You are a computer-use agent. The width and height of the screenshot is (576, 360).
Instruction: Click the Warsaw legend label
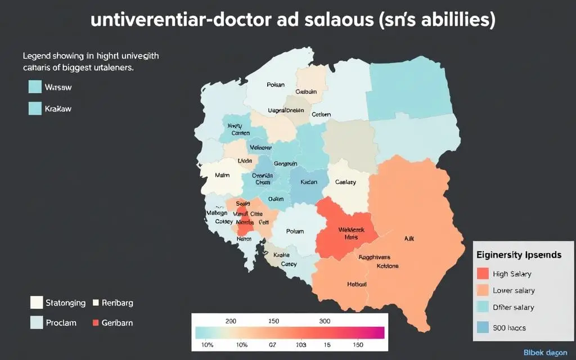pos(58,88)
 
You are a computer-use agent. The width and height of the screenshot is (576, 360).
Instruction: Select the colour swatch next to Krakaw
pos(35,108)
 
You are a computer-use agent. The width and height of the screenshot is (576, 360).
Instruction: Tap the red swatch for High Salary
pos(483,274)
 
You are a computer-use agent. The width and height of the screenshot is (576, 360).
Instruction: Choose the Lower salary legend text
pos(514,291)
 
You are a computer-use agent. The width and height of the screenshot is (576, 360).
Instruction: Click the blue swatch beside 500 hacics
pos(483,327)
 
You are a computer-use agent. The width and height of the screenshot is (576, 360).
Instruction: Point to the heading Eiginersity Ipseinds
pos(519,255)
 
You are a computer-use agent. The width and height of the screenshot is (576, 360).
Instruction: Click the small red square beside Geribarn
pos(95,323)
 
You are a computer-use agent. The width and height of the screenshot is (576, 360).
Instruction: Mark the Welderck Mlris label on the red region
pos(352,233)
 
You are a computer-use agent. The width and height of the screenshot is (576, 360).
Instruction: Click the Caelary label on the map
pos(346,182)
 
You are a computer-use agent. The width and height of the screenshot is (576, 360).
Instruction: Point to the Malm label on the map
pos(223,175)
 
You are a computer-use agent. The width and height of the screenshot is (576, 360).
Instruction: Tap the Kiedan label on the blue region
pos(309,182)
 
